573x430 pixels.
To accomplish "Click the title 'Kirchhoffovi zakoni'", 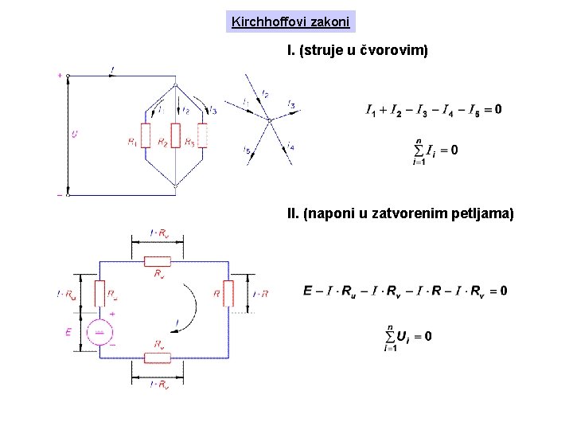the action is pos(290,21).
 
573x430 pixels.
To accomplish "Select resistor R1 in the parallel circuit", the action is pos(146,135).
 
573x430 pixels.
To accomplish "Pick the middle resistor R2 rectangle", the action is pos(175,135).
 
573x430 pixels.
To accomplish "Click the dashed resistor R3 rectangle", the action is pos(202,135).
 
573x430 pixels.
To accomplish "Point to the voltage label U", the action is pos(75,135).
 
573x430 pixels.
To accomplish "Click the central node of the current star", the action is pos(270,121).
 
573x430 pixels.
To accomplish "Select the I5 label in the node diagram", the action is pos(247,150).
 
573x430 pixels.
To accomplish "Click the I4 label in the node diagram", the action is pos(290,146).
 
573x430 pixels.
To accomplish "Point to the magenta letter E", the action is pos(69,331).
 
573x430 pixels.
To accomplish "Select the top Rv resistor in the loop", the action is pos(158,260).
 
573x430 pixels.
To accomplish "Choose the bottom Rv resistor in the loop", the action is pos(158,358).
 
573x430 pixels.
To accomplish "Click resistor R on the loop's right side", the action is pos(229,293).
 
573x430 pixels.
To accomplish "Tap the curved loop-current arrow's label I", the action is pos(177,320).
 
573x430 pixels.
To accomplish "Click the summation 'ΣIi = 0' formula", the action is pos(435,150).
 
